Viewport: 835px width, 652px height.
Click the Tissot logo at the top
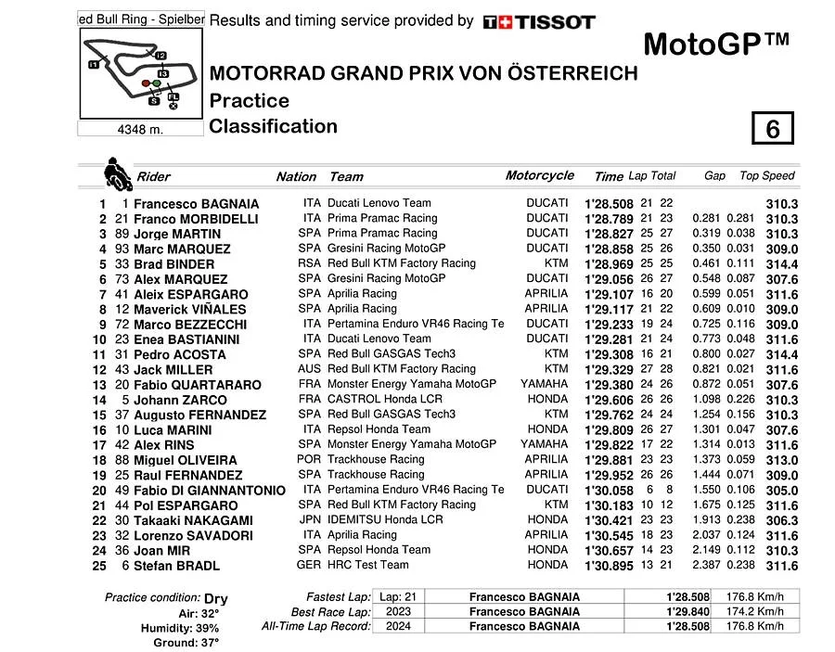pyautogui.click(x=539, y=21)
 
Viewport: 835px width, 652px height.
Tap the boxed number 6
pyautogui.click(x=773, y=128)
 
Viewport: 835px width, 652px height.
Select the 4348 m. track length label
pyautogui.click(x=141, y=130)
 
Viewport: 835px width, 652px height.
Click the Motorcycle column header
pyautogui.click(x=539, y=175)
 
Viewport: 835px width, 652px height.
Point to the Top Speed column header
pyautogui.click(x=766, y=175)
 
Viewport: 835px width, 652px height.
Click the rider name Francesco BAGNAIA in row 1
pyautogui.click(x=196, y=204)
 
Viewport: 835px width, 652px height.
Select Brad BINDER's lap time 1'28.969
pyautogui.click(x=609, y=264)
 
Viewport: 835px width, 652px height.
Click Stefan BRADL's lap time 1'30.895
pyautogui.click(x=609, y=566)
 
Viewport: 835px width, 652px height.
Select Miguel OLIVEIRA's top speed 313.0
pyautogui.click(x=782, y=460)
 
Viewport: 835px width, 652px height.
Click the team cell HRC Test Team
pyautogui.click(x=367, y=565)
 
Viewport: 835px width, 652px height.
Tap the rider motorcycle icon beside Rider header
pyautogui.click(x=117, y=173)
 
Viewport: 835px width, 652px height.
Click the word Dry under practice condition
pyautogui.click(x=215, y=598)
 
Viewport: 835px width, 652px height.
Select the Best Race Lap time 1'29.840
pyautogui.click(x=687, y=611)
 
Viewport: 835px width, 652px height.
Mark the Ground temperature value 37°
pyautogui.click(x=211, y=643)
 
